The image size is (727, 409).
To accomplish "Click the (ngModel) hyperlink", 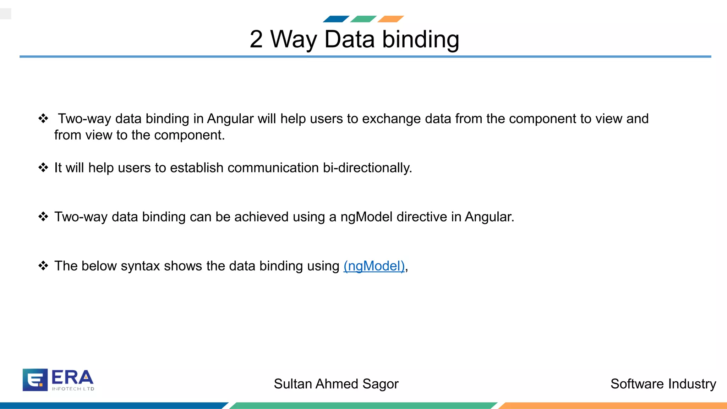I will [x=374, y=266].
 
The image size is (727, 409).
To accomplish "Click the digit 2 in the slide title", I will [x=256, y=39].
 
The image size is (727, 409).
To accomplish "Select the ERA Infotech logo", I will [x=58, y=380].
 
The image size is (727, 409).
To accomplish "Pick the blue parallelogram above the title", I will [x=336, y=19].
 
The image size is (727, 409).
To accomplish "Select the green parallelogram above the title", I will [x=363, y=19].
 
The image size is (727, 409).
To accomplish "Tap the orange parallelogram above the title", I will [x=390, y=19].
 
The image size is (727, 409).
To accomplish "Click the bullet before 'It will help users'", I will [x=43, y=168].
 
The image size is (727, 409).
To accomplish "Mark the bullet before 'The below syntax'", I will [x=43, y=266].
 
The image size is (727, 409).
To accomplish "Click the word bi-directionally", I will [x=367, y=168].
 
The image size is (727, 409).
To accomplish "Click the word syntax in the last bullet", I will [x=140, y=266].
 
